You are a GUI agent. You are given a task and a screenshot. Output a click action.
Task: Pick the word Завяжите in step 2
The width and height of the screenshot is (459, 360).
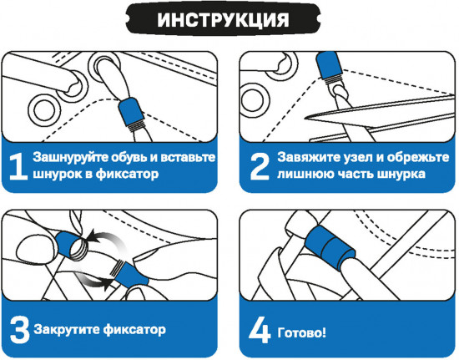click(x=309, y=157)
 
